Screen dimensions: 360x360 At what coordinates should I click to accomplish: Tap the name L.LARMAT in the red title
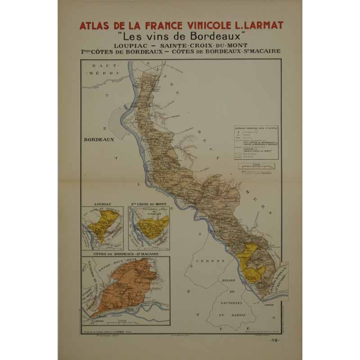[x=253, y=25]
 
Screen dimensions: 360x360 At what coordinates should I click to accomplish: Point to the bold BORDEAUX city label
[x=99, y=139]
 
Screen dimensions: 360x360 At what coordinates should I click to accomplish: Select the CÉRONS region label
[x=208, y=261]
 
